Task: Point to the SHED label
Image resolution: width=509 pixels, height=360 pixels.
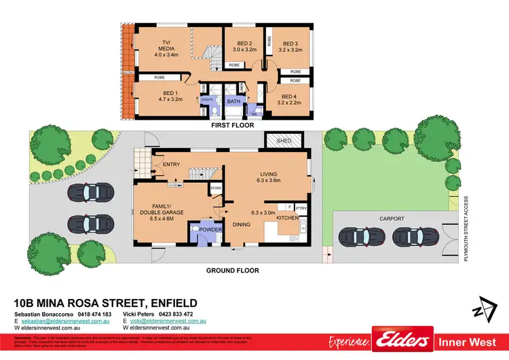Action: pyautogui.click(x=284, y=141)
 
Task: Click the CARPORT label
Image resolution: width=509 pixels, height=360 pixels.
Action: pyautogui.click(x=392, y=219)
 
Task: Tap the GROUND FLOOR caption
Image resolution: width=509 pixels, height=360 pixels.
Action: pyautogui.click(x=233, y=270)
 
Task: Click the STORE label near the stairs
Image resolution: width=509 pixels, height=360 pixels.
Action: pyautogui.click(x=216, y=188)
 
